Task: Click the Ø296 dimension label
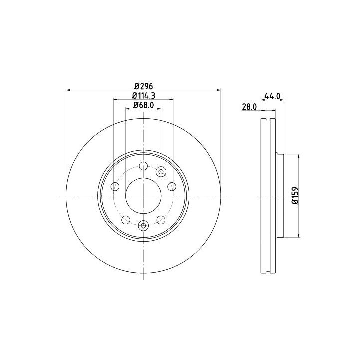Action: pyautogui.click(x=143, y=86)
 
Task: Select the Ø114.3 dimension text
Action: pyautogui.click(x=143, y=95)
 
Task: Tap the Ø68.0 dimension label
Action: pyautogui.click(x=143, y=105)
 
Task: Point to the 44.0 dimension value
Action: pyautogui.click(x=273, y=96)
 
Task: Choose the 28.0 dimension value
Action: pyautogui.click(x=250, y=107)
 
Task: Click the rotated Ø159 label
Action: pyautogui.click(x=295, y=195)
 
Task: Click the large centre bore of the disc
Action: pyautogui.click(x=143, y=196)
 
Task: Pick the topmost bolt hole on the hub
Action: pyautogui.click(x=143, y=166)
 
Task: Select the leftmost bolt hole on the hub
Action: pyautogui.click(x=115, y=186)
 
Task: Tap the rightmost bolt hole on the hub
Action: pyautogui.click(x=172, y=186)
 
